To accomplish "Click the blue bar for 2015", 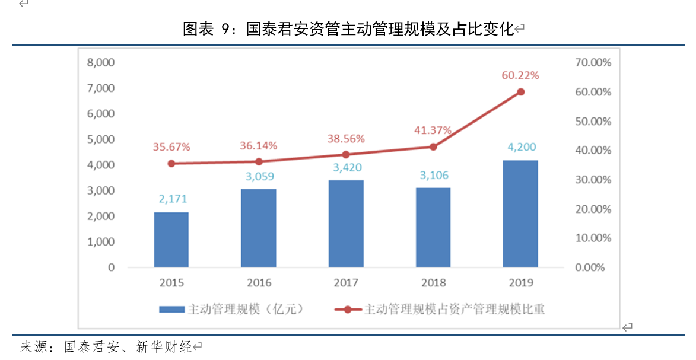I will pyautogui.click(x=171, y=240).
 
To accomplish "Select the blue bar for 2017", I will pyautogui.click(x=346, y=224).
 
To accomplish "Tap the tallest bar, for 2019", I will pyautogui.click(x=520, y=214).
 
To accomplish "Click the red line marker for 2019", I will pyautogui.click(x=520, y=92).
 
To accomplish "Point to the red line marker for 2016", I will pyautogui.click(x=259, y=162).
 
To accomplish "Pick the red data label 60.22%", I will pyautogui.click(x=520, y=75).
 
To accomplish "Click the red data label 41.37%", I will pyautogui.click(x=433, y=130).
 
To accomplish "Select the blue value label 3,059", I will pyautogui.click(x=259, y=176).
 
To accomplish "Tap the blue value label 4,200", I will pyautogui.click(x=520, y=147).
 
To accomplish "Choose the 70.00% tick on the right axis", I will pyautogui.click(x=593, y=62).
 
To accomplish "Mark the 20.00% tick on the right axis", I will pyautogui.click(x=593, y=209).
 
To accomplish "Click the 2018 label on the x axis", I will pyautogui.click(x=433, y=283).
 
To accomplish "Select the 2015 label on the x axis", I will pyautogui.click(x=171, y=283).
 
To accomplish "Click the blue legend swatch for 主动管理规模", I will pyautogui.click(x=172, y=310).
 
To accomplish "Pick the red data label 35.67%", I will pyautogui.click(x=171, y=146).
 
